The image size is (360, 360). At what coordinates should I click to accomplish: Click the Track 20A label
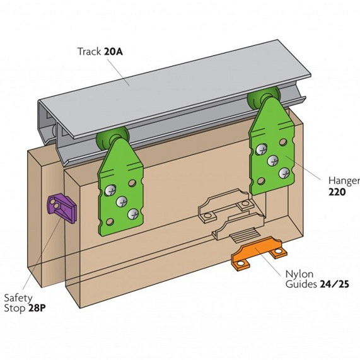click(x=100, y=52)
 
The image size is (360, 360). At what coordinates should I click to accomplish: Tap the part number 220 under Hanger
click(x=337, y=192)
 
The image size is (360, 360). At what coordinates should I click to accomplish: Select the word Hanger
click(x=344, y=181)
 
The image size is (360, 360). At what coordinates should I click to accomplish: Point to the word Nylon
click(x=299, y=274)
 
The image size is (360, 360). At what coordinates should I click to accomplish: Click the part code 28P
click(x=37, y=308)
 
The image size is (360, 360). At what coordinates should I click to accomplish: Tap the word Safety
click(x=18, y=298)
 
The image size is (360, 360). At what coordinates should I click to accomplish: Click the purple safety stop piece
click(x=62, y=208)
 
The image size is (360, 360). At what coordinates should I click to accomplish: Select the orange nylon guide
click(x=259, y=253)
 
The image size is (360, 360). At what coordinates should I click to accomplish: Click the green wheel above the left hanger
click(x=112, y=137)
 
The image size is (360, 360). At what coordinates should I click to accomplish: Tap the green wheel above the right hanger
click(x=264, y=96)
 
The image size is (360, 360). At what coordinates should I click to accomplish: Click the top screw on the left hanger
click(x=110, y=190)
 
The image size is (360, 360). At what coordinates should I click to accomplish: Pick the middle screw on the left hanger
click(x=122, y=202)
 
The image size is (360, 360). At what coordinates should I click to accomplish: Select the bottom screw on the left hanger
click(x=133, y=214)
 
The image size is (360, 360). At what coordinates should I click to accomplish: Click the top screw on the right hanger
click(x=261, y=149)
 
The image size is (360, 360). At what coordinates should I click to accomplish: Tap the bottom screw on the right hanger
click(x=284, y=173)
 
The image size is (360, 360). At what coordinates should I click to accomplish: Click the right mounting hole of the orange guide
click(x=279, y=251)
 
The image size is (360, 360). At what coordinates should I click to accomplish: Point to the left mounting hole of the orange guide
click(x=240, y=263)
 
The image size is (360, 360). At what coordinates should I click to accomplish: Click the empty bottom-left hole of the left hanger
click(x=110, y=222)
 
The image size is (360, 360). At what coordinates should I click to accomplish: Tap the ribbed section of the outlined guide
click(x=245, y=235)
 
